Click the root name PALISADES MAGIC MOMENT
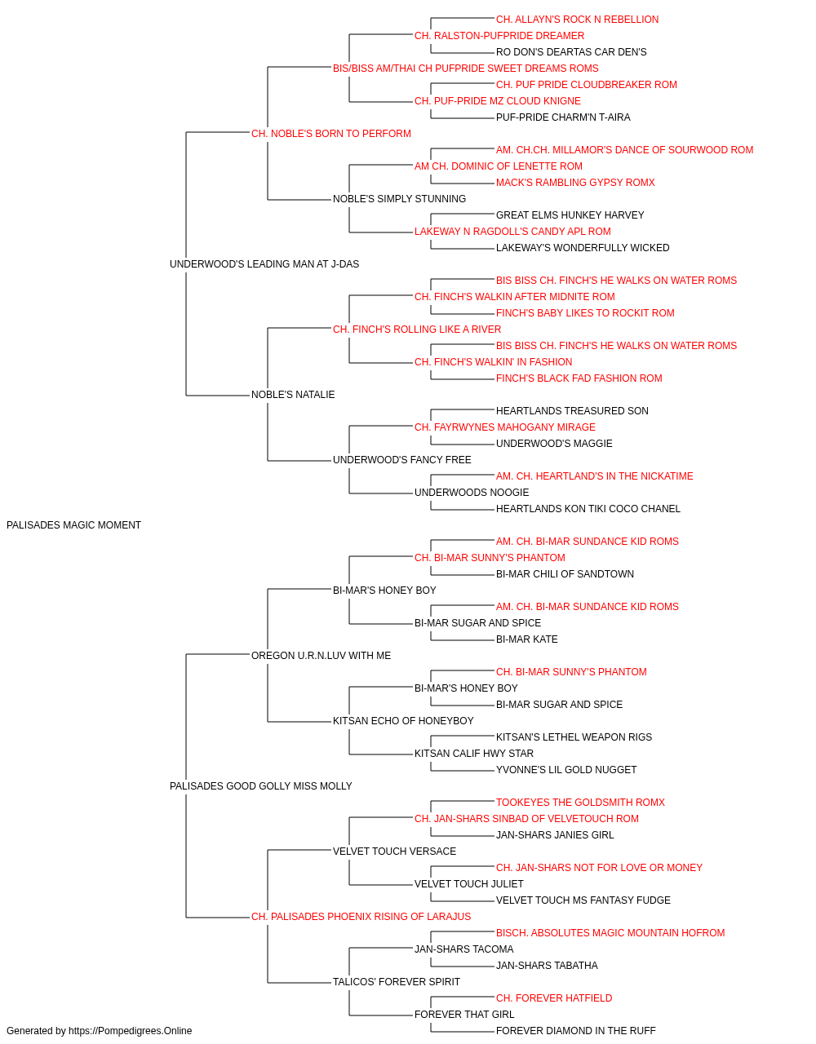click(73, 525)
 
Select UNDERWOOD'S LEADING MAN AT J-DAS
click(264, 263)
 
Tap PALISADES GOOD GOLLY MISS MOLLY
click(261, 786)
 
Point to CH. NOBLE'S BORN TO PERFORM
click(331, 134)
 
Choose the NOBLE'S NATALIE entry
click(293, 395)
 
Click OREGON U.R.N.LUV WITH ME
click(321, 655)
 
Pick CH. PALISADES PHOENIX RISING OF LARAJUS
click(361, 917)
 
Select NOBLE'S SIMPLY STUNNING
click(399, 199)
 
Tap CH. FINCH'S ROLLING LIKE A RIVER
click(417, 329)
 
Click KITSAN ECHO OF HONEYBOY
click(403, 721)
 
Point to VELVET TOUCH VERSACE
click(395, 852)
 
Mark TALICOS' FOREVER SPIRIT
click(397, 982)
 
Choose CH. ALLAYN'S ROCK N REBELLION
click(577, 20)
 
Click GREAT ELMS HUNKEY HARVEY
click(570, 215)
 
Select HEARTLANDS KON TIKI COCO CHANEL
click(588, 509)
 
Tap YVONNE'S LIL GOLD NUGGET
click(566, 770)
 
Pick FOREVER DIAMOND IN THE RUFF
click(576, 1031)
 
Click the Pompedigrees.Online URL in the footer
click(131, 1031)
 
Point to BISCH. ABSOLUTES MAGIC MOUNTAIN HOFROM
click(610, 933)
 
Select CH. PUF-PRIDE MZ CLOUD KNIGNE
click(498, 101)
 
